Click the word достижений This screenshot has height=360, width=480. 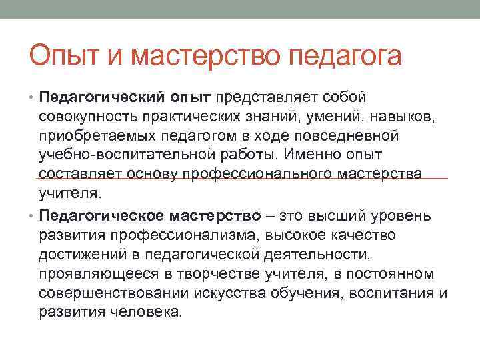tap(81, 254)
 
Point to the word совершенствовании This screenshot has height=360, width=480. tap(114, 293)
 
